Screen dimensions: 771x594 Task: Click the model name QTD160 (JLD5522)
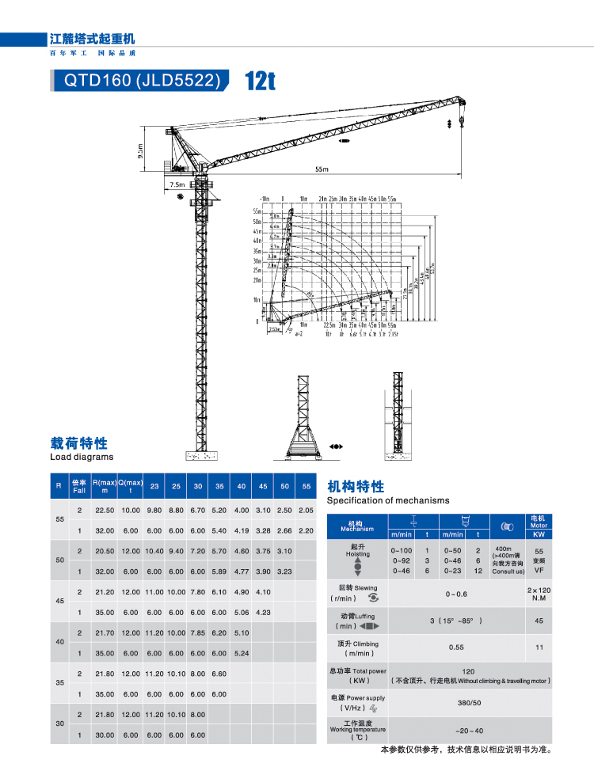point(137,80)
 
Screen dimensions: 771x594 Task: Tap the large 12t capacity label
point(260,81)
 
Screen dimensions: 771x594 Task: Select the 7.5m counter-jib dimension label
point(176,184)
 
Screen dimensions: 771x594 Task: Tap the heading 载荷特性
point(78,443)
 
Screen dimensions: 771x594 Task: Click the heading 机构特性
point(356,486)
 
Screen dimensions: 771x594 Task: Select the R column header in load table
point(59,485)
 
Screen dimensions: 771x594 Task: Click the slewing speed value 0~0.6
point(456,594)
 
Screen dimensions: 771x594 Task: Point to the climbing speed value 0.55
point(456,647)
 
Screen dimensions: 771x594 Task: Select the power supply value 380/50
point(468,702)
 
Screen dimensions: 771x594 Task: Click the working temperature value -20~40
point(469,731)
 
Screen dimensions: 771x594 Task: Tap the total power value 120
point(468,671)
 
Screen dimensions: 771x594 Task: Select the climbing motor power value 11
point(539,647)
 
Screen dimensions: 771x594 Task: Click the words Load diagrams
point(82,457)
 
